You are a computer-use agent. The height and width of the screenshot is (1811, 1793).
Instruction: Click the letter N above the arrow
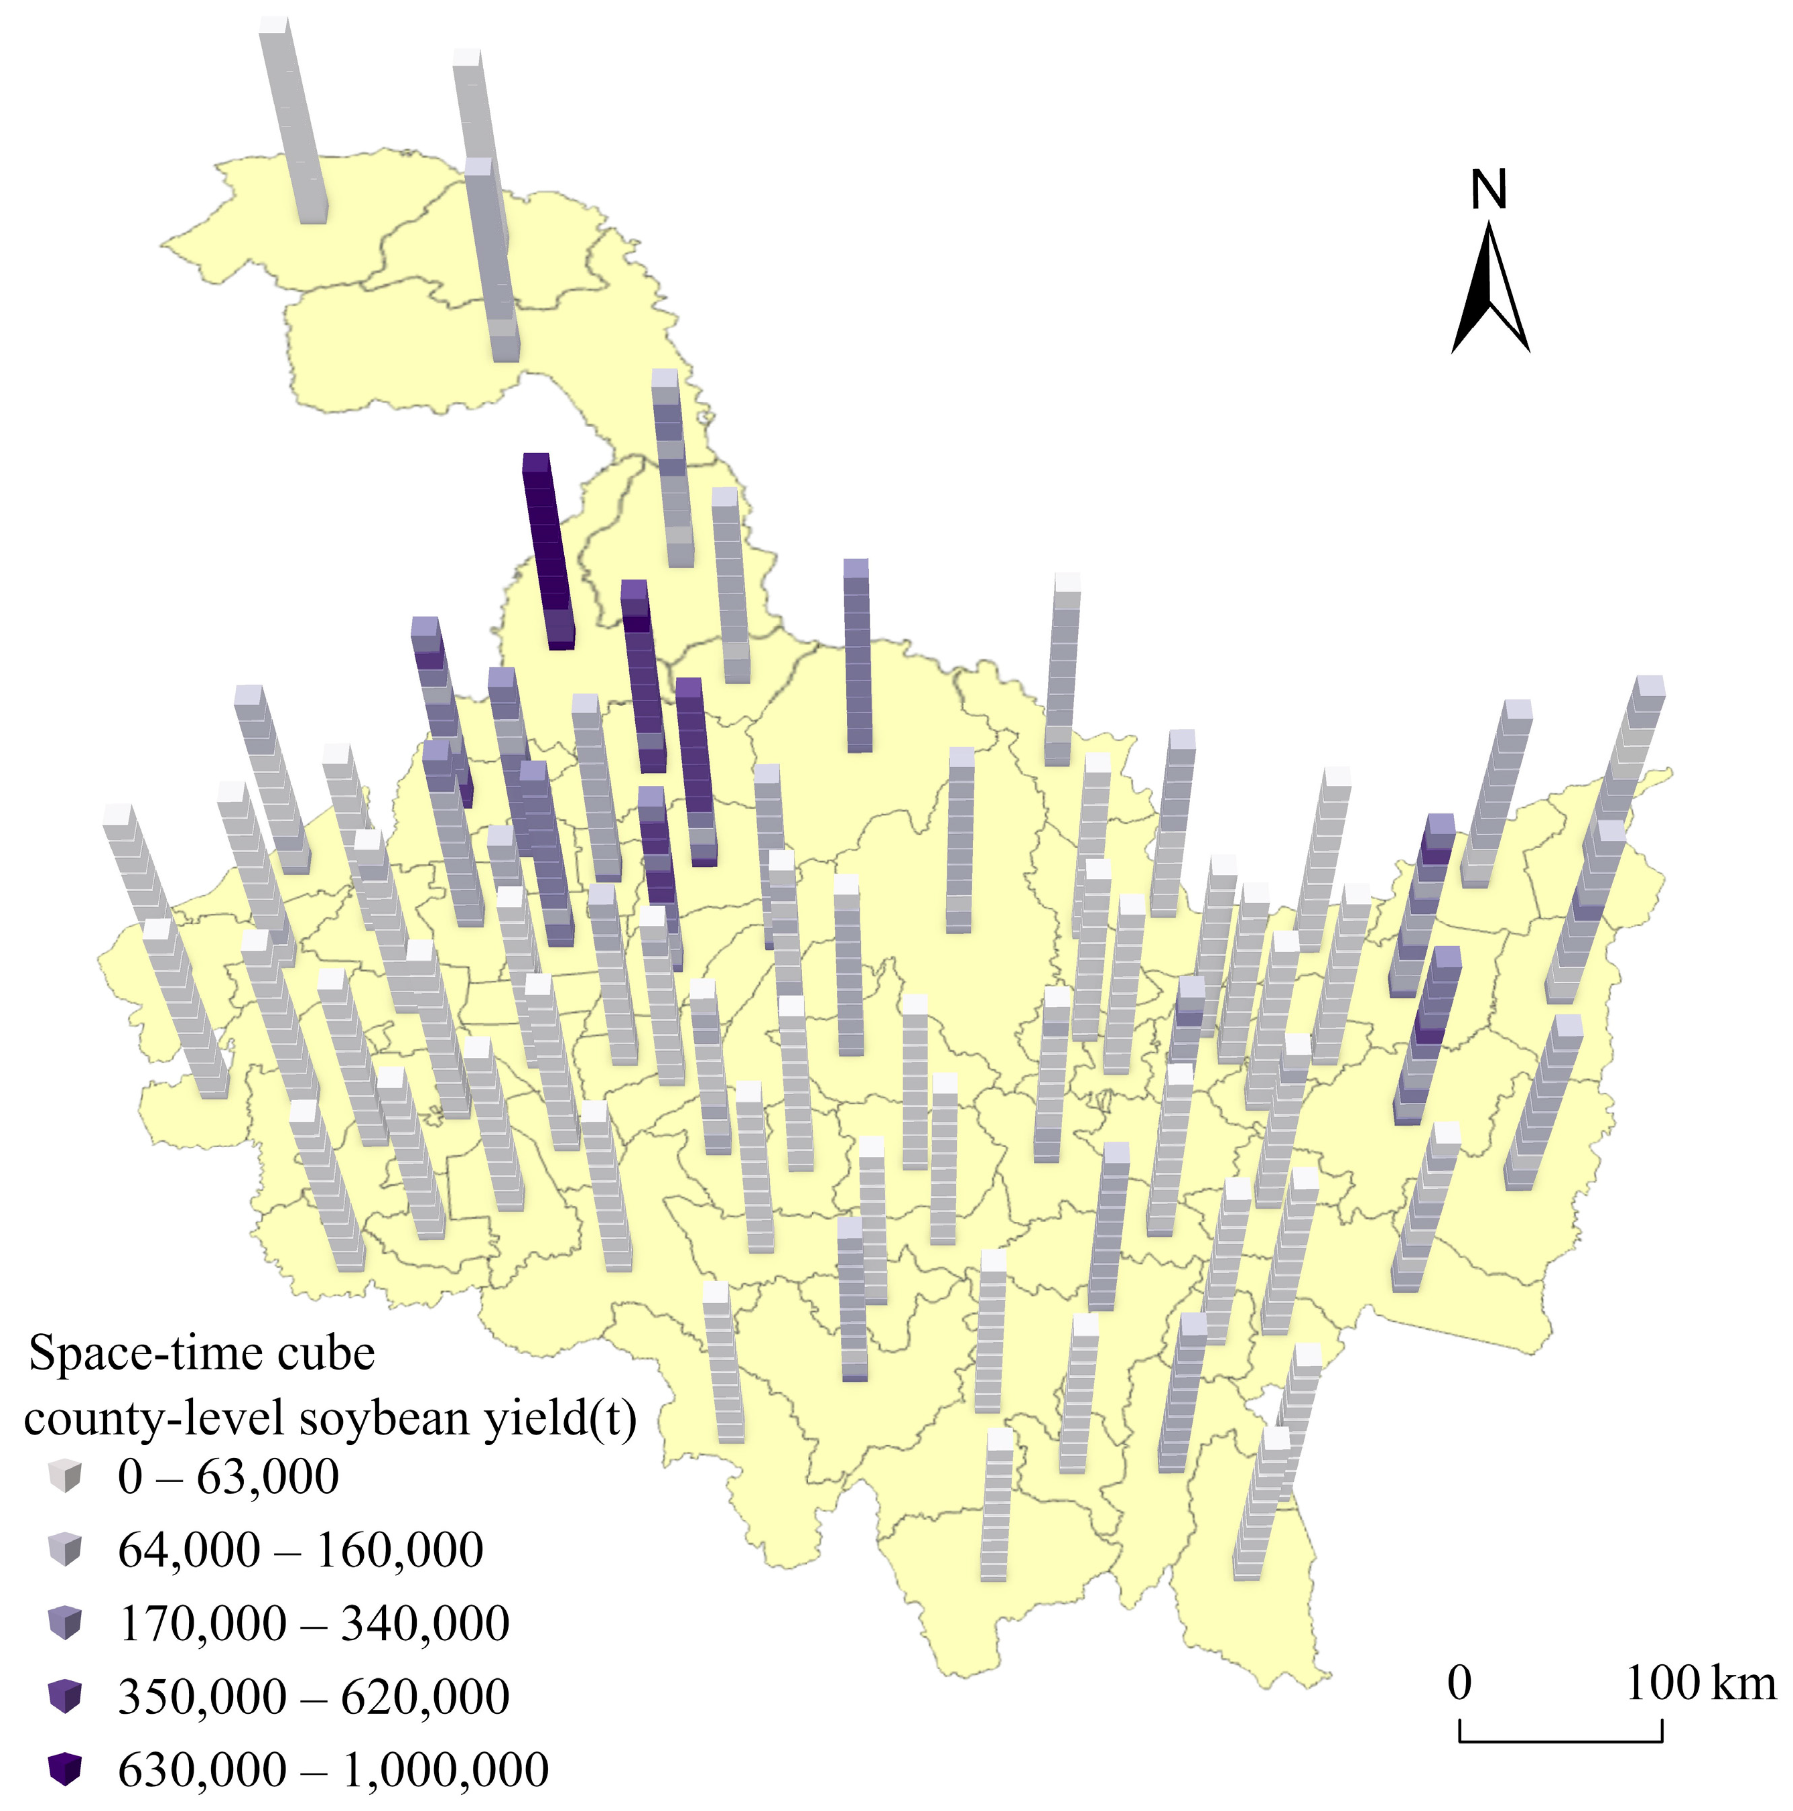tap(1488, 190)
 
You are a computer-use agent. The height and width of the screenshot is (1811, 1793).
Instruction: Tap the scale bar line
tap(1560, 1740)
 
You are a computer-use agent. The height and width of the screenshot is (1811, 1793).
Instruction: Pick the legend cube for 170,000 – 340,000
tap(65, 1623)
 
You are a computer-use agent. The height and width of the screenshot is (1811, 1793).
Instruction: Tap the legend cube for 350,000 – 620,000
tap(65, 1696)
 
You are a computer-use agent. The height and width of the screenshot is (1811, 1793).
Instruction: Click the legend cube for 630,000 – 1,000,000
tap(65, 1769)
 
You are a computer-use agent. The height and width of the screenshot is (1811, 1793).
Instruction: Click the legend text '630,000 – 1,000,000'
tap(333, 1769)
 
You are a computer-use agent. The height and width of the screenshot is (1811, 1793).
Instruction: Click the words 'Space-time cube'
tap(202, 1353)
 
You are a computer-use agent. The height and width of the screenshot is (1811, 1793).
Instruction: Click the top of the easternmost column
tap(1650, 685)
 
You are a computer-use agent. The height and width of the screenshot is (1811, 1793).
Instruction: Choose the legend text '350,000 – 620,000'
tap(313, 1696)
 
